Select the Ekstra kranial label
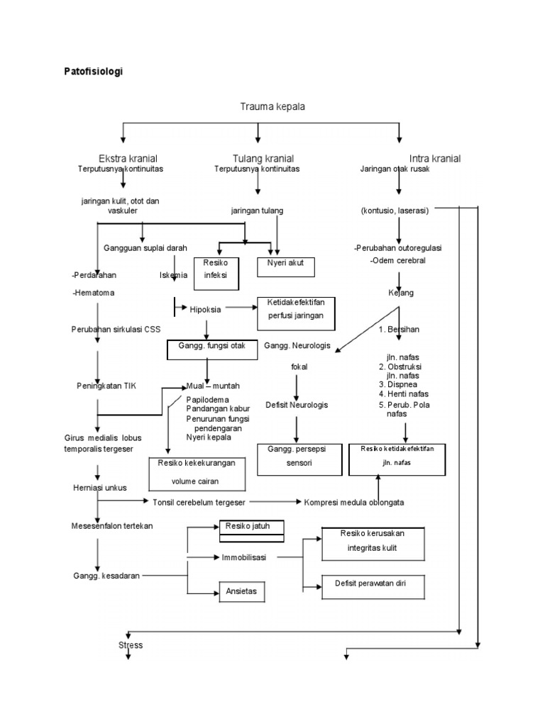click(128, 158)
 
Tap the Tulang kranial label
click(263, 158)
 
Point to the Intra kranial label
click(434, 158)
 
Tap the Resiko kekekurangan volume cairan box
click(197, 473)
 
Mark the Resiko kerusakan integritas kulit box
click(373, 543)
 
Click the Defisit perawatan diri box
click(373, 588)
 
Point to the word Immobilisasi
click(243, 557)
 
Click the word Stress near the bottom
click(130, 645)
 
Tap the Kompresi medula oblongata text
click(354, 502)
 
